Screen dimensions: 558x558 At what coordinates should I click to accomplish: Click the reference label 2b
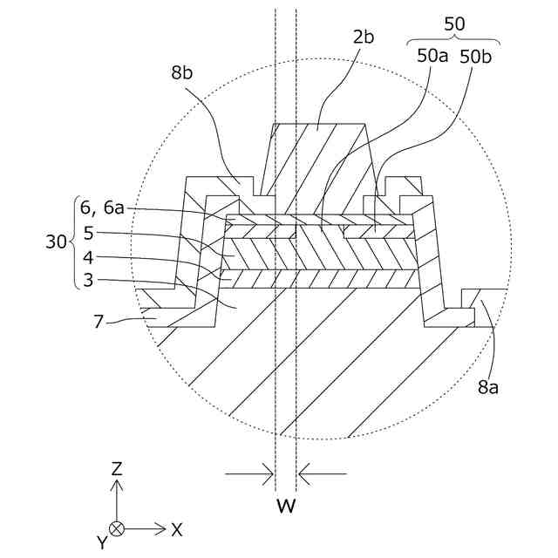tap(363, 37)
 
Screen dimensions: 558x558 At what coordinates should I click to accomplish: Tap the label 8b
tap(182, 74)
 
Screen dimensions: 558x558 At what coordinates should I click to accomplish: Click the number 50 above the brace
tap(454, 24)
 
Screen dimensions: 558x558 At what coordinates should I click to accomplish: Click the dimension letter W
tap(285, 506)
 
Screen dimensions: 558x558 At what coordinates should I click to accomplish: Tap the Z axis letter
tap(116, 468)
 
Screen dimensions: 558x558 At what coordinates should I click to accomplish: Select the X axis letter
tap(177, 528)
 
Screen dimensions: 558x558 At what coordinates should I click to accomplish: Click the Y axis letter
tap(102, 542)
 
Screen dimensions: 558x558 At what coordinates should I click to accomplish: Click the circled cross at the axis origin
tap(116, 528)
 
